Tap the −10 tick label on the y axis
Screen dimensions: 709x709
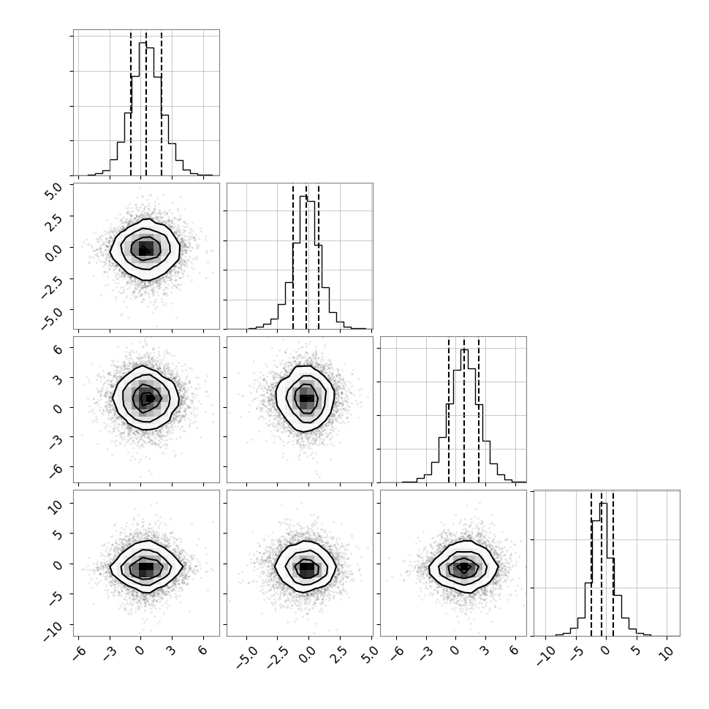click(53, 629)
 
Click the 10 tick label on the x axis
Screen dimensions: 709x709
click(666, 654)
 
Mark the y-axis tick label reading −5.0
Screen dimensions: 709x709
click(53, 315)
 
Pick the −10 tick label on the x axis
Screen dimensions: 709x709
click(545, 656)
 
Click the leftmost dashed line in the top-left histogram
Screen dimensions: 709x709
click(131, 102)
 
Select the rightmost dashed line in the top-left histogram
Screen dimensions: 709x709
click(162, 102)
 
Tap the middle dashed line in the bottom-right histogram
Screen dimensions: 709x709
click(602, 563)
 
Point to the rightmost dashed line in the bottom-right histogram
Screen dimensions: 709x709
click(613, 563)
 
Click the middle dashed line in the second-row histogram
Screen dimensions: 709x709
click(306, 256)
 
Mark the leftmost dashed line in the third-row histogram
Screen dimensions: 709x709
click(449, 409)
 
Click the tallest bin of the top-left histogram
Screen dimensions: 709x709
click(143, 108)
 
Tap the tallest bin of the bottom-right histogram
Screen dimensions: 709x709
click(603, 569)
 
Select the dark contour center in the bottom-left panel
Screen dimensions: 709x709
click(145, 566)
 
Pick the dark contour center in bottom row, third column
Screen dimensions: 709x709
click(463, 567)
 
